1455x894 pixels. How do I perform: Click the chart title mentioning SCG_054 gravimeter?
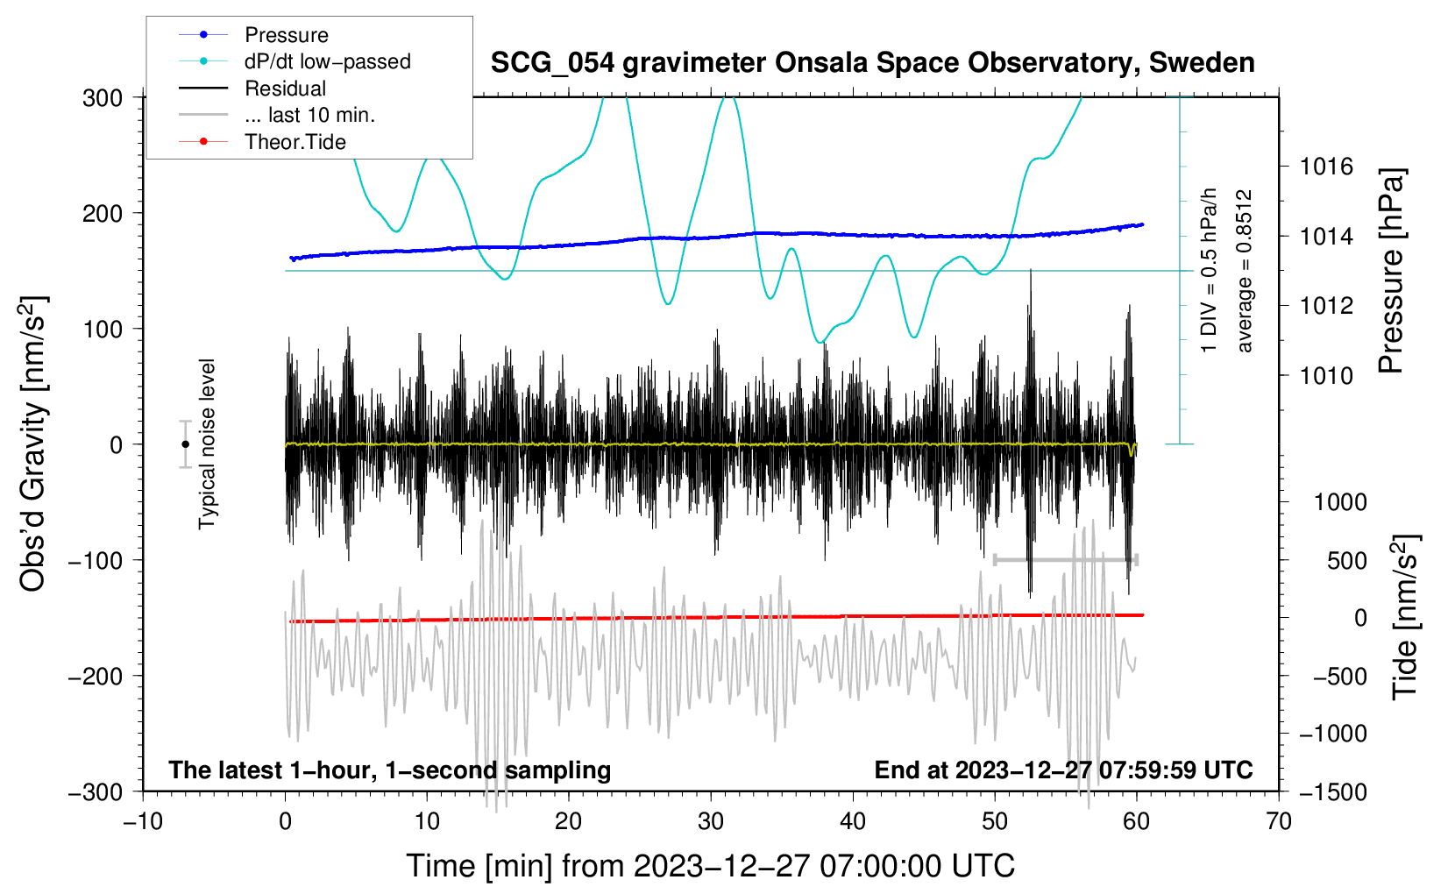point(872,63)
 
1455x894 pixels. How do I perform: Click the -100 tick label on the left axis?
point(96,561)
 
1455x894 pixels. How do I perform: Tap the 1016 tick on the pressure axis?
point(1326,167)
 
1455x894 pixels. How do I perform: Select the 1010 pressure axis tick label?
point(1326,375)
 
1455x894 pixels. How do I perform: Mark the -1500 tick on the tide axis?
point(1333,792)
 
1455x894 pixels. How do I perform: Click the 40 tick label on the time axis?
point(852,822)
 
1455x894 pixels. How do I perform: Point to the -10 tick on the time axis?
point(143,822)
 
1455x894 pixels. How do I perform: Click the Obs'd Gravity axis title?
point(33,443)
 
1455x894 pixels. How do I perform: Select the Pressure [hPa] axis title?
point(1391,271)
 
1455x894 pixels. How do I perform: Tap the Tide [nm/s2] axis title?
point(1405,617)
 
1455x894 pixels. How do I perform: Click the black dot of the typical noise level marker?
point(186,444)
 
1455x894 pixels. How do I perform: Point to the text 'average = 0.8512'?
point(1244,271)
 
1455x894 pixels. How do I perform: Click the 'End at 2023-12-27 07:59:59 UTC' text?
point(1063,770)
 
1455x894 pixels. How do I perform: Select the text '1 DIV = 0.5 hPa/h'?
point(1208,271)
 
